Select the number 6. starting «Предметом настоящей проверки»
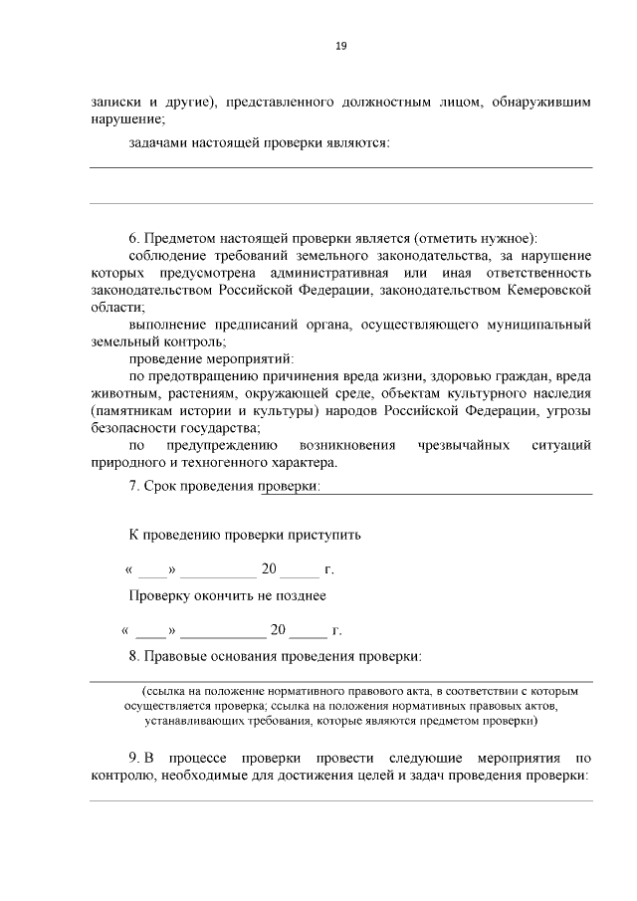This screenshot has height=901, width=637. click(135, 238)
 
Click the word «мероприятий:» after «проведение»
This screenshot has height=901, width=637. click(253, 358)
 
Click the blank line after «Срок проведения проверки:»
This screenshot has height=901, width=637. click(458, 490)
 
